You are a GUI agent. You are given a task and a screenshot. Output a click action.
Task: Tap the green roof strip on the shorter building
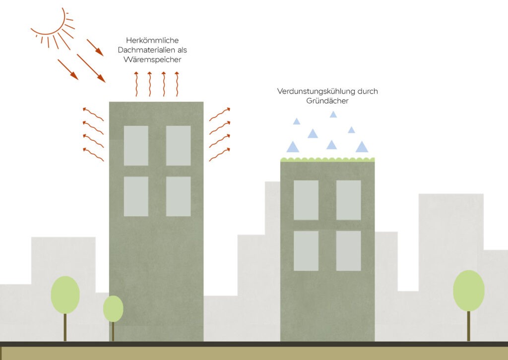click(327, 160)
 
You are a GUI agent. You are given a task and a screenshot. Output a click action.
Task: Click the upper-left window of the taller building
click(136, 145)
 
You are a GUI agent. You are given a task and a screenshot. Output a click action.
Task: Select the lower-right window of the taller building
click(178, 196)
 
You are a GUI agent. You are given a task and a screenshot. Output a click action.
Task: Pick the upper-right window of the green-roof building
click(348, 200)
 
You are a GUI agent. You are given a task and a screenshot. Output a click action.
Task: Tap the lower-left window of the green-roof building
click(306, 251)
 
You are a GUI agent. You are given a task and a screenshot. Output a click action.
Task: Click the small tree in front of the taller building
click(113, 309)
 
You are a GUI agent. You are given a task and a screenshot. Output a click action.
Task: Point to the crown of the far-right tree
click(469, 291)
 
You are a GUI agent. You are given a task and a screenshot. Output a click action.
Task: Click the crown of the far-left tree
click(65, 295)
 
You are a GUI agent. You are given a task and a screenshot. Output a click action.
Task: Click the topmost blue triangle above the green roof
click(333, 115)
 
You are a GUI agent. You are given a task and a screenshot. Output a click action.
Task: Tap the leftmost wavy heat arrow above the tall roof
click(137, 84)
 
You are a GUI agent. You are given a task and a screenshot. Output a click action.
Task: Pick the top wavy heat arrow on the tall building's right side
click(219, 114)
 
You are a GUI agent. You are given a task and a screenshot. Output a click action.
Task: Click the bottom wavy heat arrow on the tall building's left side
click(93, 154)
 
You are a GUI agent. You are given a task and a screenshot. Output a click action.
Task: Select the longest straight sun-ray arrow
click(91, 68)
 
